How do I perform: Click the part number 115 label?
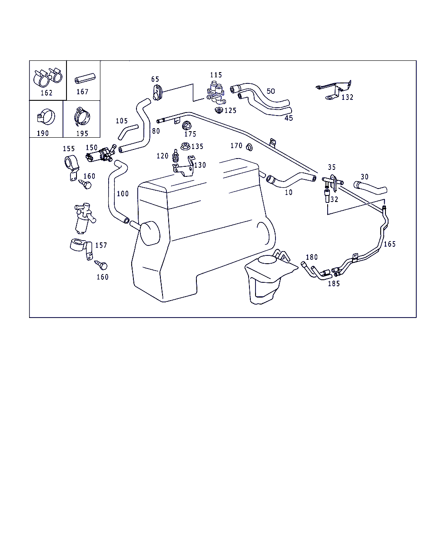(x=216, y=75)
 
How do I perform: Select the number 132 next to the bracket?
(x=347, y=97)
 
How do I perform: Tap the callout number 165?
(x=389, y=244)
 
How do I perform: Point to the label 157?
(x=101, y=245)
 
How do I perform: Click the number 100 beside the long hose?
(x=123, y=194)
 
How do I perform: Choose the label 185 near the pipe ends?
(x=334, y=284)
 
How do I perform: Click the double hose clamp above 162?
(x=48, y=76)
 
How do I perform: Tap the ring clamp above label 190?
(x=46, y=117)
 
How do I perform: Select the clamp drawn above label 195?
(x=82, y=116)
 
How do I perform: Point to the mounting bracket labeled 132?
(x=334, y=90)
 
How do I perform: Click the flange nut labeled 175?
(x=186, y=126)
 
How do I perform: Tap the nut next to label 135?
(x=185, y=146)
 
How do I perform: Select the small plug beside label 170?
(x=249, y=147)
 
